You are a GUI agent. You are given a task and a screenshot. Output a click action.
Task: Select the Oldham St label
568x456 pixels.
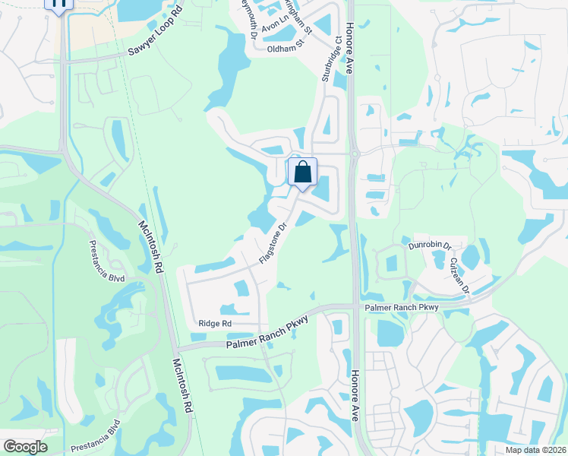[x=285, y=49]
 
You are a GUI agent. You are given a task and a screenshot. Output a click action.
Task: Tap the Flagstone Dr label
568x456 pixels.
[x=272, y=242]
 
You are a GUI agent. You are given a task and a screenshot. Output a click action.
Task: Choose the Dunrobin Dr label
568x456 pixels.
[x=429, y=246]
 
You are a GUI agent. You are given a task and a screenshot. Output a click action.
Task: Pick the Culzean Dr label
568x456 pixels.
[x=460, y=275]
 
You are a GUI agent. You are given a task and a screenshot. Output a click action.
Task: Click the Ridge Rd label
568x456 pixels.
[x=215, y=323]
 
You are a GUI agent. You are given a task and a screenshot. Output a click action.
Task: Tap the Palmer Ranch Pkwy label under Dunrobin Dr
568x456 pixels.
[x=402, y=307]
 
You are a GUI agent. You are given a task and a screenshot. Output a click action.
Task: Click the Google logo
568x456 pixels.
[x=25, y=446]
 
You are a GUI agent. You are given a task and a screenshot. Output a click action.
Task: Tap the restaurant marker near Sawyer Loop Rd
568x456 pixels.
[x=59, y=4]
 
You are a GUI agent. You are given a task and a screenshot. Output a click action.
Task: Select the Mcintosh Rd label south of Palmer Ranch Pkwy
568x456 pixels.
[x=182, y=385]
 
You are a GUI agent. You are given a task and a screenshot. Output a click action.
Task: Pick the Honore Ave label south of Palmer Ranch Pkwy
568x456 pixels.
[x=355, y=395]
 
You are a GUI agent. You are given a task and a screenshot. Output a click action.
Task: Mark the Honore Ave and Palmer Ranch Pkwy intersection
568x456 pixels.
[x=355, y=306]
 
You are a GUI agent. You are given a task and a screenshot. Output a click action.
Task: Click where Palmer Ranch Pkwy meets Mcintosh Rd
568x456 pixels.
[x=177, y=347]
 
